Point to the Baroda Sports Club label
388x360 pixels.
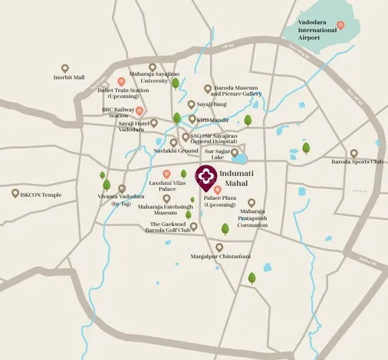click(356, 162)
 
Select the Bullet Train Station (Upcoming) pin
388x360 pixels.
click(121, 82)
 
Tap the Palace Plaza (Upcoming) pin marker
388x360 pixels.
click(218, 189)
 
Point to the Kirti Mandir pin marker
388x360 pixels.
click(192, 119)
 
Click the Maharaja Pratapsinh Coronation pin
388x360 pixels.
click(252, 203)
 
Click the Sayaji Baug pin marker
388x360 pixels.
click(192, 105)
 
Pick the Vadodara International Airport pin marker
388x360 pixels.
click(341, 25)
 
